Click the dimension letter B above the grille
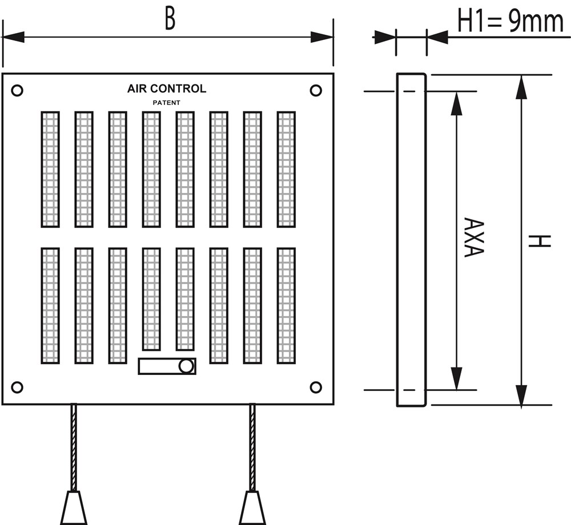tap(170, 19)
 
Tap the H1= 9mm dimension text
tap(510, 22)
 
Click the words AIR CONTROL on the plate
tap(166, 88)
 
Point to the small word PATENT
tap(166, 103)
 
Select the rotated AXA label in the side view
tap(474, 237)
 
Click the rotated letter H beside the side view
tap(540, 241)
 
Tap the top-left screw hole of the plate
tap(17, 90)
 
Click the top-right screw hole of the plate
tap(316, 90)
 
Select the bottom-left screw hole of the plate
tap(17, 387)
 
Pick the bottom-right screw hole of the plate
tap(316, 387)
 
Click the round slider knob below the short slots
tap(186, 366)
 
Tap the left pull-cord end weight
tap(74, 508)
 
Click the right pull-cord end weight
tap(252, 508)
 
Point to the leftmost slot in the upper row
tap(50, 169)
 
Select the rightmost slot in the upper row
tap(286, 169)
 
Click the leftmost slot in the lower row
tap(50, 306)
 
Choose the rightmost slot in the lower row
tap(286, 306)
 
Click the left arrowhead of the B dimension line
tap(13, 37)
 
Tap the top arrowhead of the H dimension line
tap(521, 87)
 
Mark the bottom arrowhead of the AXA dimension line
tap(456, 378)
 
